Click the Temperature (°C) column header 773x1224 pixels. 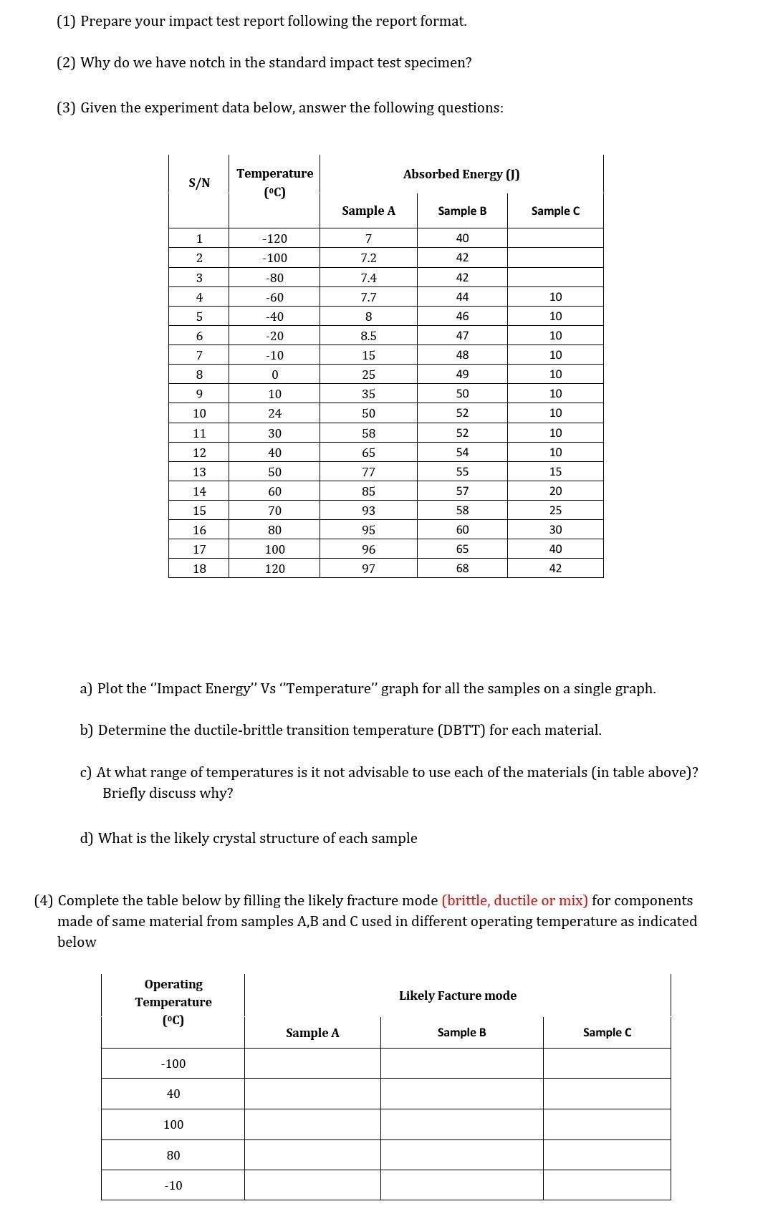pyautogui.click(x=274, y=183)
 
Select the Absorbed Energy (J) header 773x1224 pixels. pyautogui.click(x=461, y=174)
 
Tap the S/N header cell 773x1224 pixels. pyautogui.click(x=199, y=183)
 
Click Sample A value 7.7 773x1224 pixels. pyautogui.click(x=368, y=297)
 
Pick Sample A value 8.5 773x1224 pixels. pyautogui.click(x=368, y=336)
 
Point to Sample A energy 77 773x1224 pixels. pyautogui.click(x=368, y=472)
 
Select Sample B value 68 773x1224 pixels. pyautogui.click(x=462, y=568)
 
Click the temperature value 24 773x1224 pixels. pyautogui.click(x=274, y=413)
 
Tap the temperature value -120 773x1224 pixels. pyautogui.click(x=274, y=238)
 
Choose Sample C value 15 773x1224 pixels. pyautogui.click(x=555, y=472)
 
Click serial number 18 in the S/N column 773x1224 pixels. pyautogui.click(x=199, y=568)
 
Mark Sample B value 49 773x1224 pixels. pyautogui.click(x=462, y=375)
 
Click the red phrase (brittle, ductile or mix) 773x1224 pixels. pyautogui.click(x=514, y=900)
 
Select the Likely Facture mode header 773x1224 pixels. pyautogui.click(x=457, y=996)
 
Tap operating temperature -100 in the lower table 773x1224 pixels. pyautogui.click(x=173, y=1064)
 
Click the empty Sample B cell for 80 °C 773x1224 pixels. pyautogui.click(x=461, y=1155)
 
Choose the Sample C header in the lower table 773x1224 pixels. pyautogui.click(x=607, y=1032)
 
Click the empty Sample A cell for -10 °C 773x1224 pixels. pyautogui.click(x=312, y=1185)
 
